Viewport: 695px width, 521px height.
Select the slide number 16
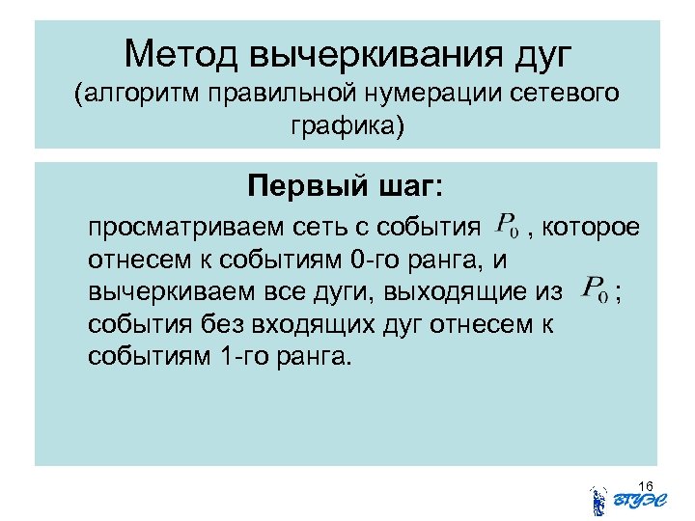click(646, 483)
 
